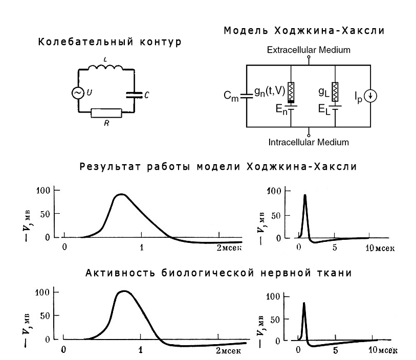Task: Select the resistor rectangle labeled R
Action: click(106, 113)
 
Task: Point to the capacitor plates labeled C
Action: click(133, 94)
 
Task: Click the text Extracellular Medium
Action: click(308, 50)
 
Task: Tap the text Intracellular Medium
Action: click(308, 141)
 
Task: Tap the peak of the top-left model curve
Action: click(121, 195)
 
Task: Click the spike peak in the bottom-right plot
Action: click(304, 303)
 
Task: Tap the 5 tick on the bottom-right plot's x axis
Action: click(336, 351)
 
